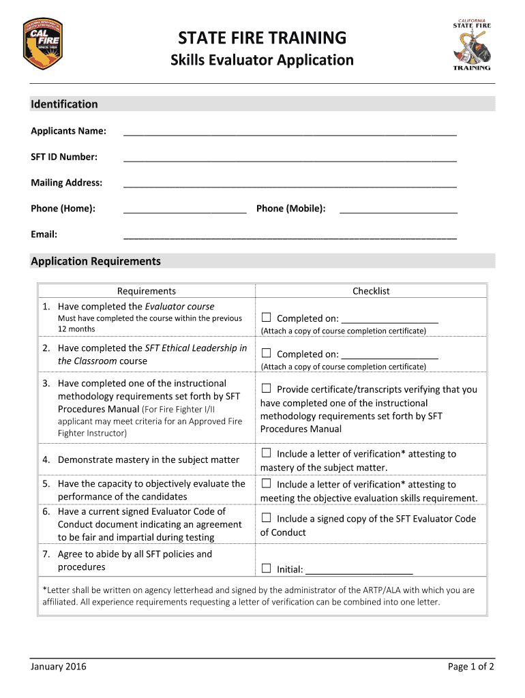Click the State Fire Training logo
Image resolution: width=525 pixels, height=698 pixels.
(472, 44)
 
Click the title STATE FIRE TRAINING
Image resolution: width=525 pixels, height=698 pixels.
(262, 37)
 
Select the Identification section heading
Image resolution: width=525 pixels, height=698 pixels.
(64, 104)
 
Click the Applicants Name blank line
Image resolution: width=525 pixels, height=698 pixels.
(289, 132)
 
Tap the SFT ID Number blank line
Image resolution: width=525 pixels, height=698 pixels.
(289, 158)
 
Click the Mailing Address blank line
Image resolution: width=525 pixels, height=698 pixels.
(289, 184)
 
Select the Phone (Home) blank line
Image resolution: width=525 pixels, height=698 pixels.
(185, 210)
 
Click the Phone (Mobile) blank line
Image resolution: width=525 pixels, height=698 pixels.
(398, 210)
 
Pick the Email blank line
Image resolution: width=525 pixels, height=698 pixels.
(289, 236)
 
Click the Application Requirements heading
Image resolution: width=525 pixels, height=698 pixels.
(95, 261)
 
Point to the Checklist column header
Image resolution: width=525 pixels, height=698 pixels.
(371, 291)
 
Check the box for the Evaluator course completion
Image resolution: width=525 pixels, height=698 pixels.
(266, 318)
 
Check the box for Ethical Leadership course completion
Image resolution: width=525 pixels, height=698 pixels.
(266, 353)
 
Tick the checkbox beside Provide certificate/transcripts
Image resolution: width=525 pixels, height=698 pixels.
(266, 389)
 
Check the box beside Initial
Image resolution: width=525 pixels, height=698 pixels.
(266, 568)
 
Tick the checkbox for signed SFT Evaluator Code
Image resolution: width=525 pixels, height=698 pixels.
(266, 518)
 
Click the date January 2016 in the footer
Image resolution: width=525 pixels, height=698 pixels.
(59, 667)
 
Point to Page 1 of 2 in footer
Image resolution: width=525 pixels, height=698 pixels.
(470, 667)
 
